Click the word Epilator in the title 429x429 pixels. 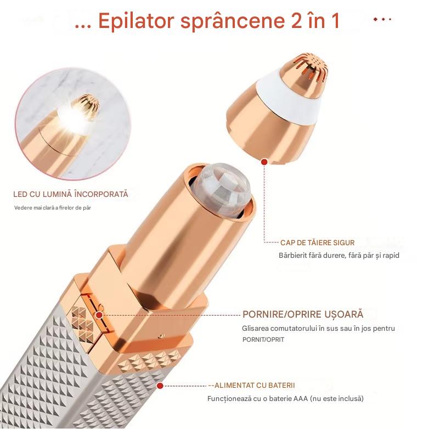tap(136, 21)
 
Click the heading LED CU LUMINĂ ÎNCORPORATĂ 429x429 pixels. tap(71, 194)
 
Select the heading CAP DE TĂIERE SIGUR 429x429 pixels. tap(318, 242)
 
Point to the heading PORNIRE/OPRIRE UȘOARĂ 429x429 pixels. tap(303, 314)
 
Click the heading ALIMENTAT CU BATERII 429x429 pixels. tap(255, 385)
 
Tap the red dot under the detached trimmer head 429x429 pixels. tap(264, 162)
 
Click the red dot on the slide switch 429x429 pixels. tap(100, 315)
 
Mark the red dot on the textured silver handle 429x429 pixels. tap(160, 386)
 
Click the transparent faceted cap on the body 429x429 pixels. tap(224, 189)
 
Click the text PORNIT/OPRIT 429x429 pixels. tap(263, 340)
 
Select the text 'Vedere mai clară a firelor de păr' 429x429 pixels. tap(53, 208)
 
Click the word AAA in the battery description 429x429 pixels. tap(301, 399)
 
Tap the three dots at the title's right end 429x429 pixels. tap(383, 19)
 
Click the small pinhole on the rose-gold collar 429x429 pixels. tap(162, 336)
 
